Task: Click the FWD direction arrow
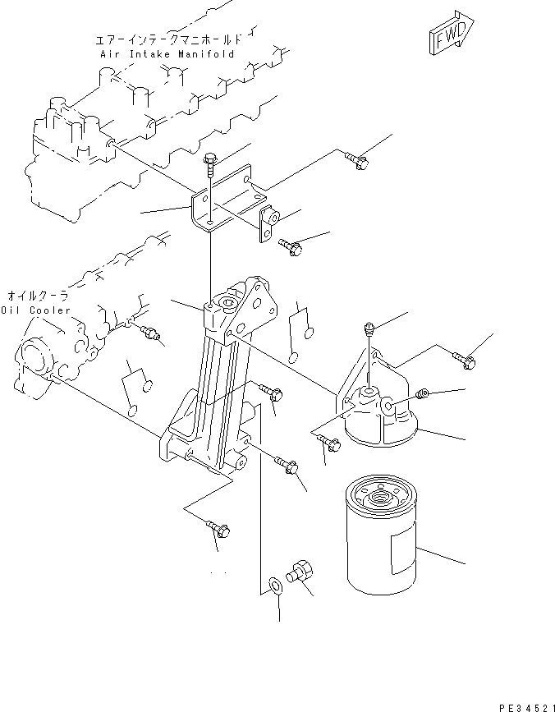[449, 34]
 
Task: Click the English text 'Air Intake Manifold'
[167, 53]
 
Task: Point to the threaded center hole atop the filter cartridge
[381, 496]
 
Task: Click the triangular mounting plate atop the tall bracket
[256, 305]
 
